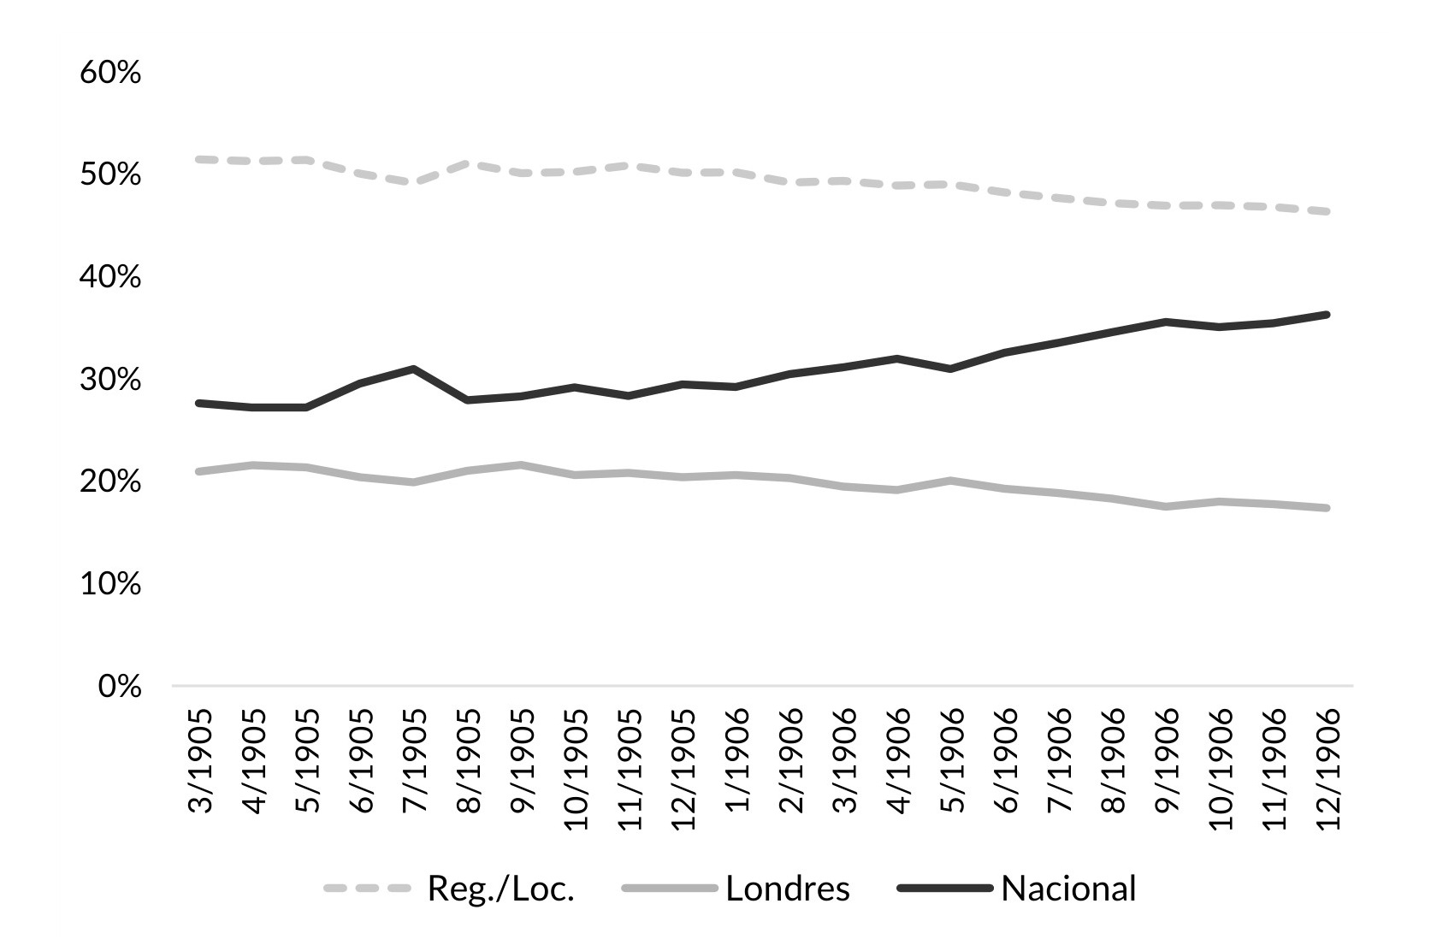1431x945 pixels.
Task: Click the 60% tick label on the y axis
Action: (110, 74)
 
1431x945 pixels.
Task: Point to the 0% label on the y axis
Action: (119, 687)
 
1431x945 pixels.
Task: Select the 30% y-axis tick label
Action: (110, 380)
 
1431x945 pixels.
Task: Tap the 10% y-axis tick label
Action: (110, 584)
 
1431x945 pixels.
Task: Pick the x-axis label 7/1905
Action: (413, 760)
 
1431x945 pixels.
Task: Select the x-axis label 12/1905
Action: (683, 768)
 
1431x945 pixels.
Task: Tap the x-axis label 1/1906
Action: (736, 760)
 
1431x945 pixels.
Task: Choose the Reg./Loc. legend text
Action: (500, 889)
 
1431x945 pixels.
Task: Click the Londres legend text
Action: (787, 889)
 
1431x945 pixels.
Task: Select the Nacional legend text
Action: (1068, 889)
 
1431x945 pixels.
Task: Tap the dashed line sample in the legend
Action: (368, 889)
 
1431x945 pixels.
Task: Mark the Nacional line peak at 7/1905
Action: (413, 369)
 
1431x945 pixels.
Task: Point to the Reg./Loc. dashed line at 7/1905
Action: (413, 182)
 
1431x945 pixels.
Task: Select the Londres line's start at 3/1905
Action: (198, 471)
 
